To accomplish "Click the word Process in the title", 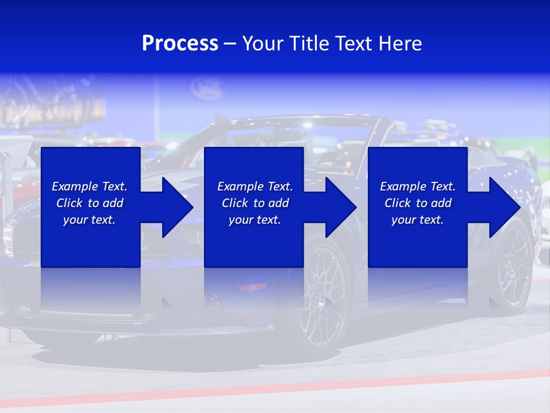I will click(180, 44).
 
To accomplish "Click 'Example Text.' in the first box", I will click(89, 186).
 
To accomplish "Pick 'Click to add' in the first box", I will click(89, 203).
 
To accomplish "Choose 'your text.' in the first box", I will click(89, 220).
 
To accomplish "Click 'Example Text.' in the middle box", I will click(255, 186).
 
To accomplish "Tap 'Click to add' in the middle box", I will click(255, 203).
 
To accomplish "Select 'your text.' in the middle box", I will click(255, 220).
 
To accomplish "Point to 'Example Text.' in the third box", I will click(418, 186).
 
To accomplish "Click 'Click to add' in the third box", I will click(418, 203).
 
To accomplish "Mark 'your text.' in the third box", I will click(418, 220).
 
